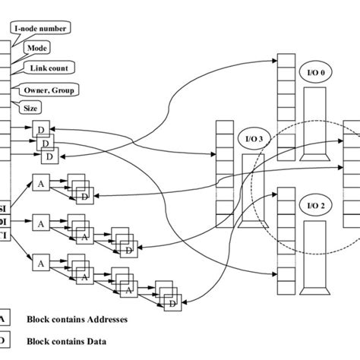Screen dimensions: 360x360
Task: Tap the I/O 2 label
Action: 316,204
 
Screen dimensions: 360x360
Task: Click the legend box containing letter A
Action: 4,319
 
